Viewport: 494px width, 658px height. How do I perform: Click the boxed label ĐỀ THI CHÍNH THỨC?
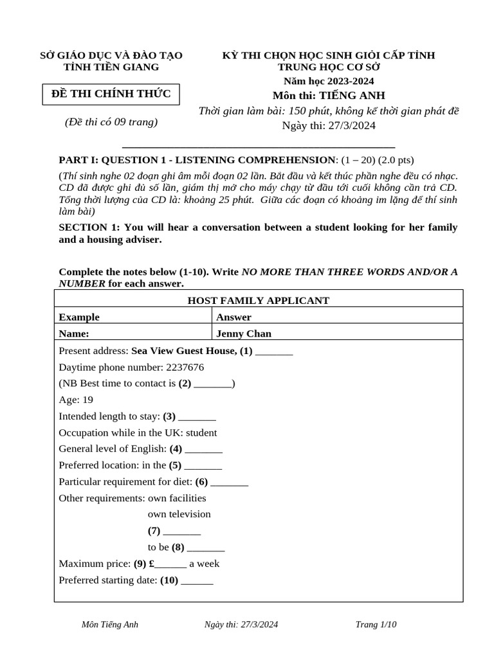(x=111, y=94)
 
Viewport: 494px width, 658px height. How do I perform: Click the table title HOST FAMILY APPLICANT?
(x=258, y=300)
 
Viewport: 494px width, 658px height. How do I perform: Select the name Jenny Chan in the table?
(x=244, y=333)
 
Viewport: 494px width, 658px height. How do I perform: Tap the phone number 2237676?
(x=185, y=367)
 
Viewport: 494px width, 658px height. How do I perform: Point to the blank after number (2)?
(x=213, y=384)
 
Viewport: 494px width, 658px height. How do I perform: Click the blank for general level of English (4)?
(x=204, y=449)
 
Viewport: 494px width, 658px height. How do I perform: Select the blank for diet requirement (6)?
(x=230, y=482)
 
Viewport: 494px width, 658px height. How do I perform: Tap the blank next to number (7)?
(x=182, y=531)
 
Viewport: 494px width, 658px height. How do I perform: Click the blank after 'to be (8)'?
(x=206, y=547)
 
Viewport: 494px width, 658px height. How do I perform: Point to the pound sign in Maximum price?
(x=151, y=564)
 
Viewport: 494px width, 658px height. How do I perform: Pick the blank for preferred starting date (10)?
(x=197, y=580)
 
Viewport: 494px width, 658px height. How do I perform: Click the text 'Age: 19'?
(x=76, y=400)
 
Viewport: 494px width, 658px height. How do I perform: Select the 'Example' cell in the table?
(x=79, y=317)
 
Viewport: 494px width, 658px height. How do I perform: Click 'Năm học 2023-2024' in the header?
(x=329, y=81)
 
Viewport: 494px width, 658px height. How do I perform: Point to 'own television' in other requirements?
(x=179, y=514)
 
